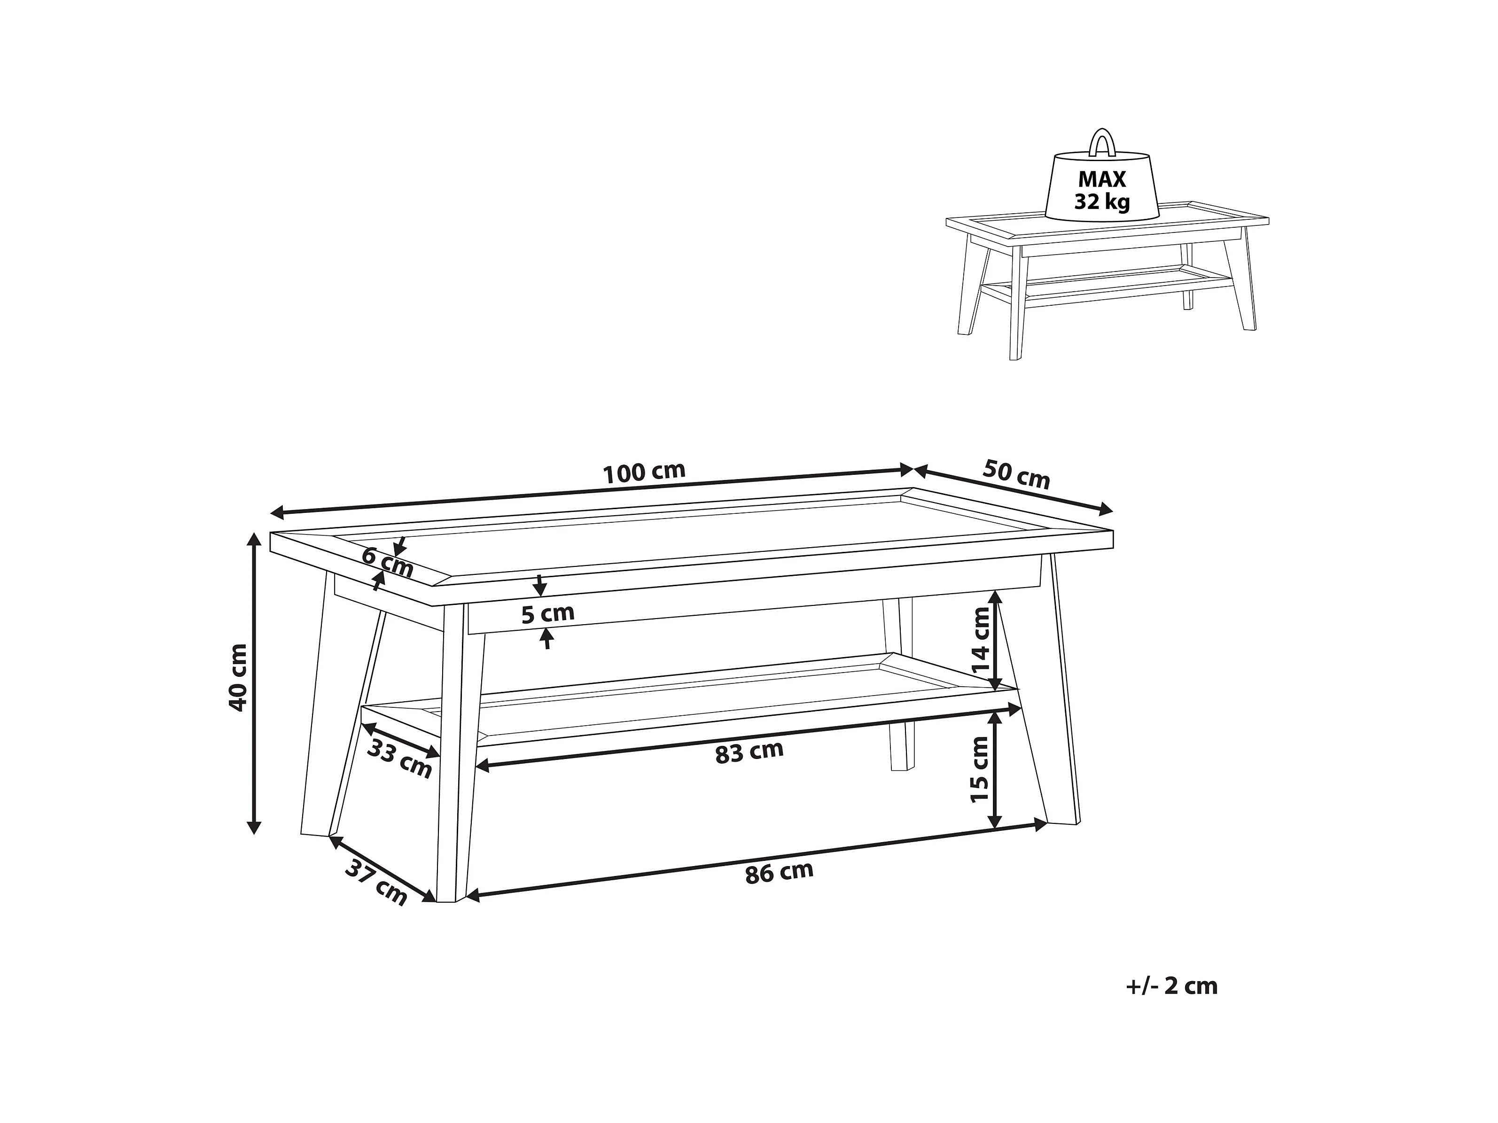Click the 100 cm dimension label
[644, 472]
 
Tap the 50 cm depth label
[1016, 474]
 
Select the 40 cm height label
[238, 677]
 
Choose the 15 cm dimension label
[980, 769]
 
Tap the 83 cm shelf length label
[749, 752]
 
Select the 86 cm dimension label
[779, 873]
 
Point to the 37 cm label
[376, 883]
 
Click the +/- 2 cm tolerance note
[1171, 986]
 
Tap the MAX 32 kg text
[1102, 190]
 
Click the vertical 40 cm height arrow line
[254, 683]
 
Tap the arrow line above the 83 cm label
[749, 737]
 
